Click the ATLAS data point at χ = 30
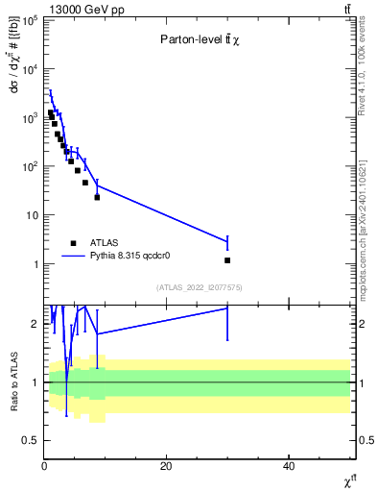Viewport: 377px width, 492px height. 227,260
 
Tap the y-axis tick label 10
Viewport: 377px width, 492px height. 31,215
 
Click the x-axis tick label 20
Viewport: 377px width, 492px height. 166,466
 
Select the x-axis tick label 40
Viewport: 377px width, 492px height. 289,466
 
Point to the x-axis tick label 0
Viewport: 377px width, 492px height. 44,466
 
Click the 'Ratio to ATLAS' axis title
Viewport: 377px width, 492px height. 13,381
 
